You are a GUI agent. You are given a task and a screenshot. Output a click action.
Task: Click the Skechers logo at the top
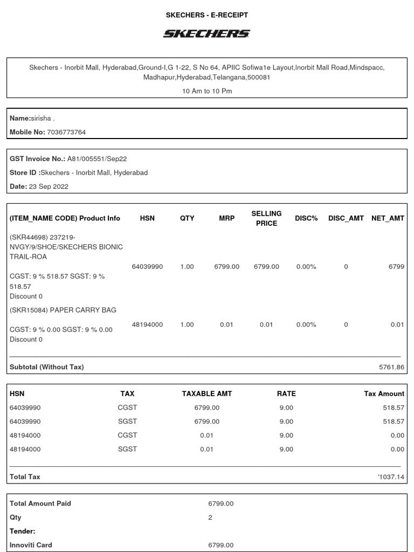pyautogui.click(x=206, y=34)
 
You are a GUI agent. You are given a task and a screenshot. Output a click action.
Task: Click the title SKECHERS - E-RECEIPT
pyautogui.click(x=206, y=15)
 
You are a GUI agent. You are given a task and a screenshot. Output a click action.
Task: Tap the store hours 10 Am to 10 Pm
pyautogui.click(x=207, y=91)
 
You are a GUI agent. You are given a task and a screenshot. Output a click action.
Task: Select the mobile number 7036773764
pyautogui.click(x=66, y=132)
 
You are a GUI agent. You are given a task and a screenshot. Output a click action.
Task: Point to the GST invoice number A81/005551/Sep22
pyautogui.click(x=96, y=159)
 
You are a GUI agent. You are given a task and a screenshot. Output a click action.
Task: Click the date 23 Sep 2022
pyautogui.click(x=49, y=187)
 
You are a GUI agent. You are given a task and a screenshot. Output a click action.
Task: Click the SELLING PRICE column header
pyautogui.click(x=266, y=218)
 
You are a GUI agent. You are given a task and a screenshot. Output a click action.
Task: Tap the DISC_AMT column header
pyautogui.click(x=346, y=218)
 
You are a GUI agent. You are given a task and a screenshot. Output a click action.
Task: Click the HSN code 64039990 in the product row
pyautogui.click(x=147, y=267)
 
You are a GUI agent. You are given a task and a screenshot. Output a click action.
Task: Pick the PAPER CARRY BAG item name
pyautogui.click(x=83, y=310)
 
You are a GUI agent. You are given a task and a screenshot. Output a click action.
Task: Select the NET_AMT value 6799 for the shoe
pyautogui.click(x=396, y=267)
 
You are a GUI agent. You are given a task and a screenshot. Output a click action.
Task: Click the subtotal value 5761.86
pyautogui.click(x=391, y=367)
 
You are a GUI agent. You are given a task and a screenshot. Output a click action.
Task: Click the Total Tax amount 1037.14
pyautogui.click(x=391, y=477)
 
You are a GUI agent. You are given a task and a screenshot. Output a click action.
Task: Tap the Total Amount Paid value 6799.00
pyautogui.click(x=221, y=503)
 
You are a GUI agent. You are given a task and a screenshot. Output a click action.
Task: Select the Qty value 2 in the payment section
pyautogui.click(x=210, y=517)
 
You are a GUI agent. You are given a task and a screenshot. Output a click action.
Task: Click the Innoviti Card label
pyautogui.click(x=31, y=545)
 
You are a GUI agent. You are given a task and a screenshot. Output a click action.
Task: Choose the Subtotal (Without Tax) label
pyautogui.click(x=47, y=367)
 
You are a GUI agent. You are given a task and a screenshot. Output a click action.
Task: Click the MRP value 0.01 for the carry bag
pyautogui.click(x=227, y=325)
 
